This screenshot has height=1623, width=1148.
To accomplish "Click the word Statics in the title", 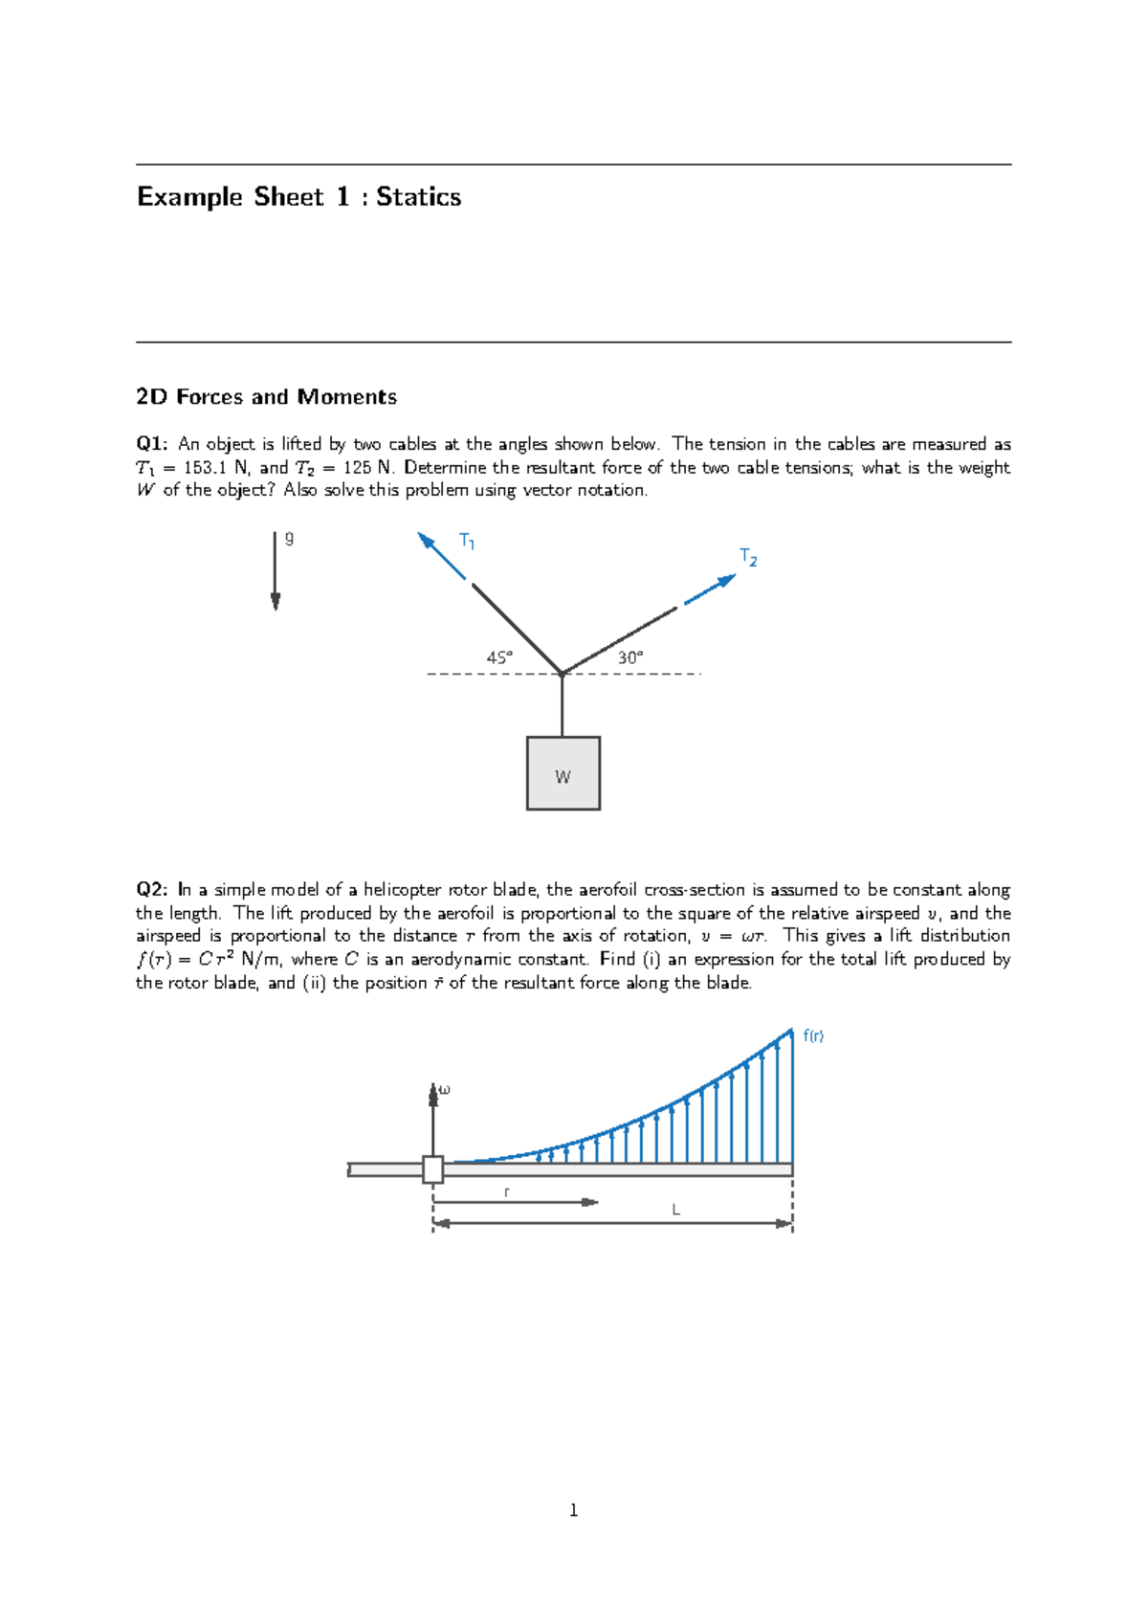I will tap(418, 197).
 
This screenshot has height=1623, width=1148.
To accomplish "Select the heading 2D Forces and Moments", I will tap(266, 397).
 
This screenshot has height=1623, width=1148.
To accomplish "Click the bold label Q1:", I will tap(152, 444).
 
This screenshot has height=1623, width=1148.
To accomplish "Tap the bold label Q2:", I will tap(152, 890).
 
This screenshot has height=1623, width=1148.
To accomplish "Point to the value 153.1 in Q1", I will tap(204, 468).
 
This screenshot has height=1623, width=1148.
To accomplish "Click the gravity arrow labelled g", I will tap(276, 571).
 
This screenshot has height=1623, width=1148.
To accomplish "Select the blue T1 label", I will tap(467, 541).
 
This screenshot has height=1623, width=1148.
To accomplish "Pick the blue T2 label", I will tap(748, 557).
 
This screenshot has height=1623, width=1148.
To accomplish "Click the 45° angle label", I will tap(499, 657).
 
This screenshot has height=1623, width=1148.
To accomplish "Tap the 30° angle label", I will tap(630, 657).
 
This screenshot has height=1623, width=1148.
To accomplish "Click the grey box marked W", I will tap(563, 773).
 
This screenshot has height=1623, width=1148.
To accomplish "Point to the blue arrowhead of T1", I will tap(426, 541).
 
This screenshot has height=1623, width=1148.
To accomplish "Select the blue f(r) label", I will tap(813, 1035).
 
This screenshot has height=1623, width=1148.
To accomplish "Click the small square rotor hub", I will tap(432, 1169).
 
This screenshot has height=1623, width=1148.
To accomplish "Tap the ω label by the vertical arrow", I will tap(444, 1089).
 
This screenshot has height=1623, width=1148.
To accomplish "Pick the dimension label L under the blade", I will tap(675, 1210).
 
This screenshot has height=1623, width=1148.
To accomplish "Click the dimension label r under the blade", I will tap(507, 1191).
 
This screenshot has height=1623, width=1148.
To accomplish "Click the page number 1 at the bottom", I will tap(573, 1510).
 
